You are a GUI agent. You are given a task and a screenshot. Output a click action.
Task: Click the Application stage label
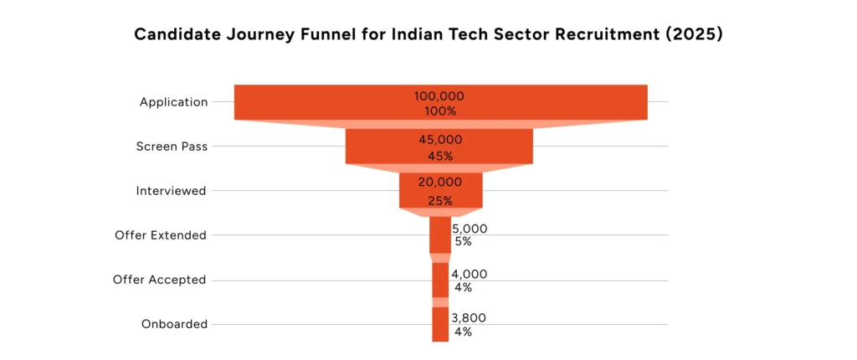coord(173,102)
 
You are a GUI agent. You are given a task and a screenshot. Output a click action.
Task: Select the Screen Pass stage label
coord(172,147)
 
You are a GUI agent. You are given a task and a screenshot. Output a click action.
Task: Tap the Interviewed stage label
coord(171,191)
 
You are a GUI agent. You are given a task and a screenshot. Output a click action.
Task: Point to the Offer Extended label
coord(161,235)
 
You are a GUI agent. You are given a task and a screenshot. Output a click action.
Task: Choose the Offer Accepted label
coord(159,280)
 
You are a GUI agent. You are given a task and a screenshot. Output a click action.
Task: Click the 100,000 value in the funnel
coord(441,96)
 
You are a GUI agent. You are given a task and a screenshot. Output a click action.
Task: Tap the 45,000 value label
coord(440,140)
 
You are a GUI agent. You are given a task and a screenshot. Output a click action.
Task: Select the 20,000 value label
coord(440,183)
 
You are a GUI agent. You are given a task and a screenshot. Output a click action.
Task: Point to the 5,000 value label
coord(470,229)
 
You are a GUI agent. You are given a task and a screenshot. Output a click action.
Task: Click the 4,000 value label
coord(469,274)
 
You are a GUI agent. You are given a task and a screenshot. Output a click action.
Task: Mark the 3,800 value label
coord(469,318)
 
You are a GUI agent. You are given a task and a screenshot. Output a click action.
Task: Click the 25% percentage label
coord(440,201)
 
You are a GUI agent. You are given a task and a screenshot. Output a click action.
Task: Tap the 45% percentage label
coord(440,157)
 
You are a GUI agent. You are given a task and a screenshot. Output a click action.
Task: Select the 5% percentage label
coord(463,242)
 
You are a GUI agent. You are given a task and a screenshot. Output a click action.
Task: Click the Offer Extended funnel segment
coord(439,235)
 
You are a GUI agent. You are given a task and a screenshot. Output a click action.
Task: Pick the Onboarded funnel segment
coord(440,324)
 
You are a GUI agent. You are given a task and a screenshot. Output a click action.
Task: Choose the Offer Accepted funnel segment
coord(440,280)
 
